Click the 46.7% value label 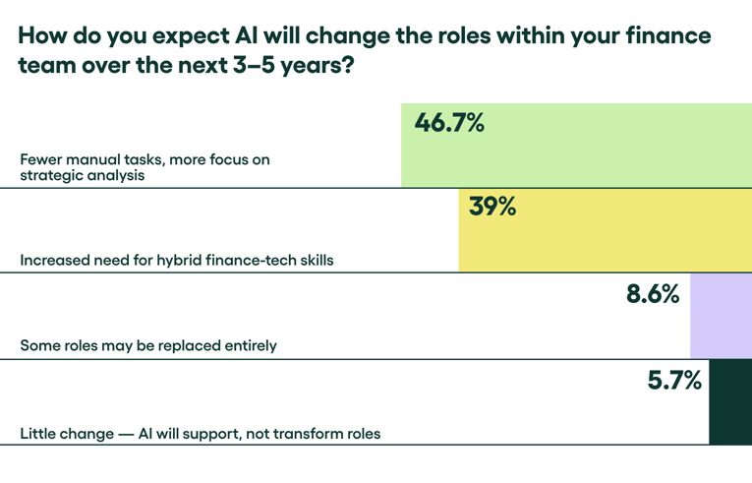[449, 124]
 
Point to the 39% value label [492, 208]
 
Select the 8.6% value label [653, 293]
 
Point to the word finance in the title [670, 37]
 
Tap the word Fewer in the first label [41, 159]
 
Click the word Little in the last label [38, 433]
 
